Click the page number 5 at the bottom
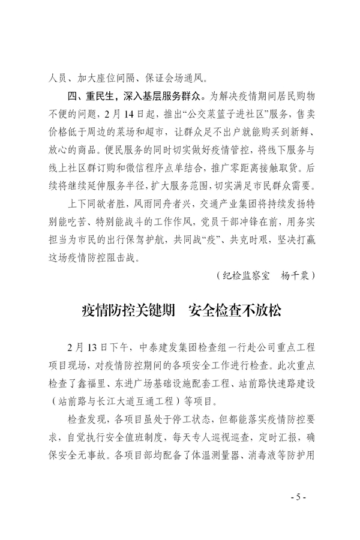pos(298,497)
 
